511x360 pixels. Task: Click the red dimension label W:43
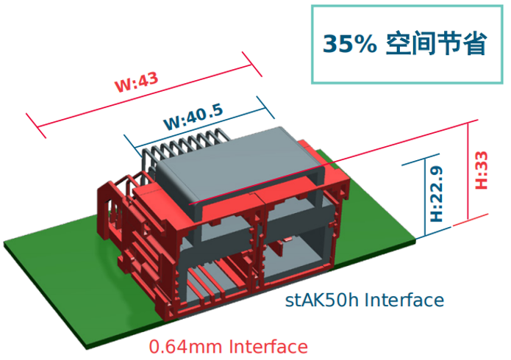pyautogui.click(x=137, y=81)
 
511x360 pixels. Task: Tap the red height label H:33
pyautogui.click(x=482, y=170)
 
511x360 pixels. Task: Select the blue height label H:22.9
pyautogui.click(x=436, y=193)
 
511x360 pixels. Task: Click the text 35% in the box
pyautogui.click(x=350, y=44)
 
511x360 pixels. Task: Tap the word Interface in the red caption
pyautogui.click(x=268, y=346)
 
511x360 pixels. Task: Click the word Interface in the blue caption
pyautogui.click(x=404, y=300)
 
